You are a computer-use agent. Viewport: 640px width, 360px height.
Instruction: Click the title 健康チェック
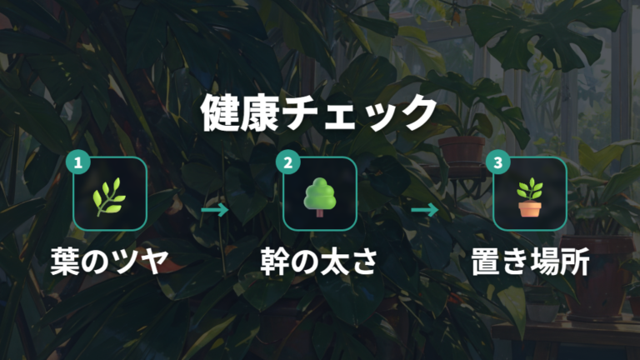point(318,113)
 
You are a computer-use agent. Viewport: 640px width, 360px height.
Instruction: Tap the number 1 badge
point(77,162)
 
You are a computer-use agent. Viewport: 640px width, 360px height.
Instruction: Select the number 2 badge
point(287,162)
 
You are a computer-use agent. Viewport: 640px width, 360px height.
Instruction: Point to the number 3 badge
point(498,162)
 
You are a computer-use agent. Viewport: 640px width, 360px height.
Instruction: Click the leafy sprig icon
point(109,196)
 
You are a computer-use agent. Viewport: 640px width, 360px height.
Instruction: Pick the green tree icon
point(320,197)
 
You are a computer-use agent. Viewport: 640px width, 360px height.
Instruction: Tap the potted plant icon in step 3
point(530,197)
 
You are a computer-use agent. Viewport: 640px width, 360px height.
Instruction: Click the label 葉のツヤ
point(109,262)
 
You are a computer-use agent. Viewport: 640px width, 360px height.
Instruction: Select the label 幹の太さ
point(319,262)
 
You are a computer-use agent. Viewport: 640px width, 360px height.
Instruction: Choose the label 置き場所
point(530,262)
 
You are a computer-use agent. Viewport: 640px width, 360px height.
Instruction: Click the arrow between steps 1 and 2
point(215,210)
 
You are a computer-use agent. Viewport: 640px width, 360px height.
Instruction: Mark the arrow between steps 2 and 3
point(425,210)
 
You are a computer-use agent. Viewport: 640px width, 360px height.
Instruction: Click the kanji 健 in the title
point(219,113)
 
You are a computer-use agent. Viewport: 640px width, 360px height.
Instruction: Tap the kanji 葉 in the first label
point(64,262)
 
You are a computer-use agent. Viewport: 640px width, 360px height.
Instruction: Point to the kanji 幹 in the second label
point(274,262)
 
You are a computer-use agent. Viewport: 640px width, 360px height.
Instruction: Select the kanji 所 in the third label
point(575,262)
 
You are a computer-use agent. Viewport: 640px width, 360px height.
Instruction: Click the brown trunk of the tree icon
point(320,212)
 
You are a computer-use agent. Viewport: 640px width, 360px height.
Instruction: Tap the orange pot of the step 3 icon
point(530,209)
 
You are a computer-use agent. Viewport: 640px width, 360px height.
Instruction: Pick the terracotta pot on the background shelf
point(462,151)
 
